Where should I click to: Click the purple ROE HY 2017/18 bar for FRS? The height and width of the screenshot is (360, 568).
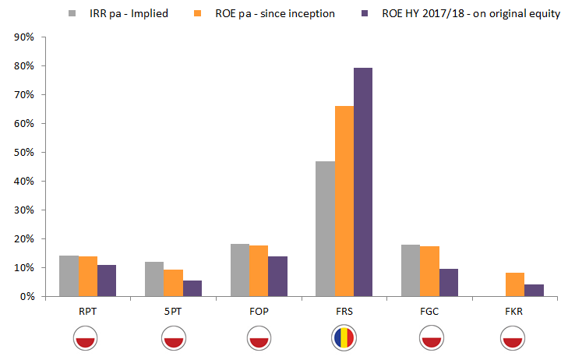coord(363,182)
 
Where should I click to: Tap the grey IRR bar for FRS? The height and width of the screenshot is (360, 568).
coord(325,229)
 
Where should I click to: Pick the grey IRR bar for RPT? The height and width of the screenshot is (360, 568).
coord(69,276)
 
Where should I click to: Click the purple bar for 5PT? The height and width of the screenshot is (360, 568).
coord(192,288)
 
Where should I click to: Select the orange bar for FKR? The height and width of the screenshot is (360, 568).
coord(515,284)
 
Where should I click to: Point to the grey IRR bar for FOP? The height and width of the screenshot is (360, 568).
coord(239,270)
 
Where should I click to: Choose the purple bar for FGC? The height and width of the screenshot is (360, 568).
coord(449,283)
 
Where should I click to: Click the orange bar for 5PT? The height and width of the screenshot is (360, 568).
coord(173,283)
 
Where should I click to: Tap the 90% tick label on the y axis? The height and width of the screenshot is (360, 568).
coord(23,37)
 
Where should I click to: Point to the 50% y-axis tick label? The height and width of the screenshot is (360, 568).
coord(23,153)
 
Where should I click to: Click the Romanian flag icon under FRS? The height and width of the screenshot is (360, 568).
coord(344,337)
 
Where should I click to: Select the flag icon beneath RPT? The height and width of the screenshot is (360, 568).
coord(87,337)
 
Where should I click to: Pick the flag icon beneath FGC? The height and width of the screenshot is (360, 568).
coord(429,337)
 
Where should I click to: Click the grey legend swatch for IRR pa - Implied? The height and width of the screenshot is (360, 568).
coord(72,13)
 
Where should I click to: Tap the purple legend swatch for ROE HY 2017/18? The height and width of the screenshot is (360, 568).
coord(364,13)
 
